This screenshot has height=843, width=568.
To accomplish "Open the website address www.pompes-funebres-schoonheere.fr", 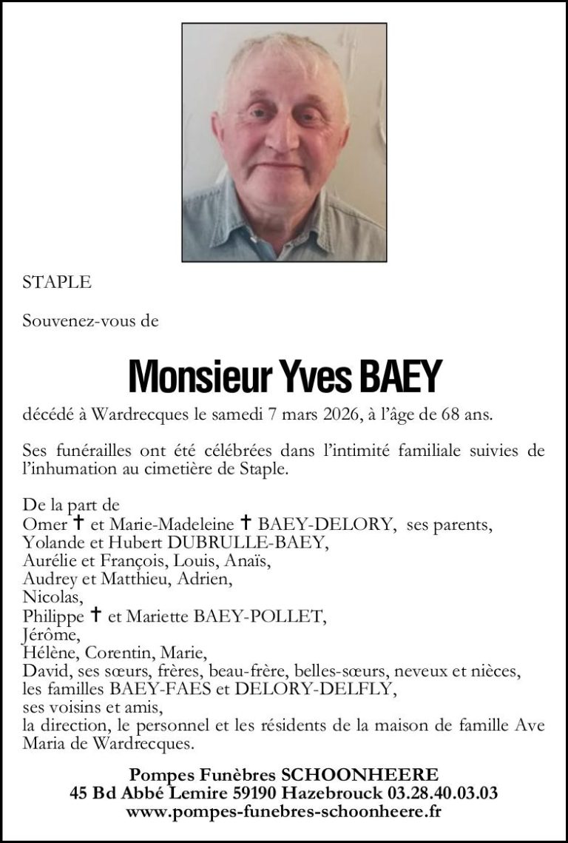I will pyautogui.click(x=284, y=812).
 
